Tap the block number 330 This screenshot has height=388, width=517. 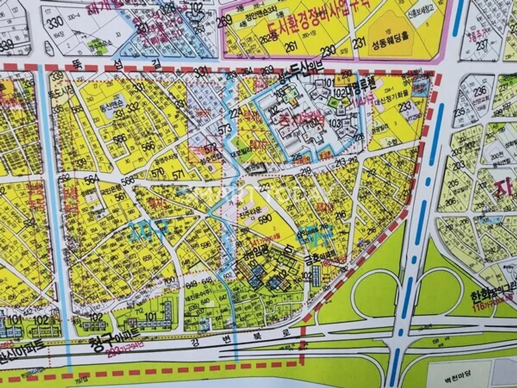(x=55, y=23)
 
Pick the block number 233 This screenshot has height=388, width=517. (x=406, y=106)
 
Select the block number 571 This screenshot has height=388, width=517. (x=179, y=175)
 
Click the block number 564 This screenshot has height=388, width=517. (x=91, y=180)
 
